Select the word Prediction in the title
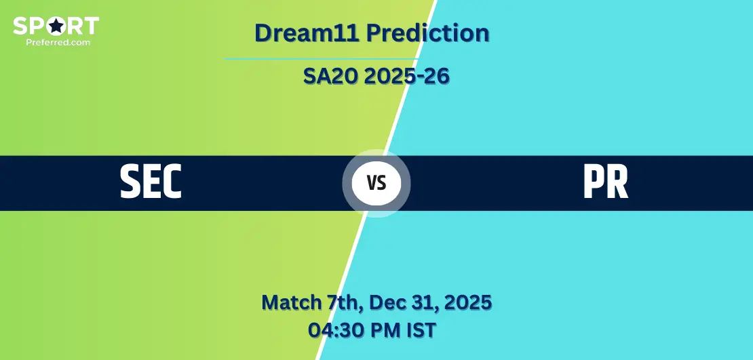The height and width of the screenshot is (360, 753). tap(427, 33)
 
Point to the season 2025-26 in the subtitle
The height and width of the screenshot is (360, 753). tap(406, 77)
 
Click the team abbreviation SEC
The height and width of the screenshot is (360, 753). tap(151, 182)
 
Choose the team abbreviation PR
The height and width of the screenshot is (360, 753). tap(605, 182)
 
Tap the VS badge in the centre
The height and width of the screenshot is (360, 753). tap(376, 183)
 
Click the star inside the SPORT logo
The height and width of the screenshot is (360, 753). tap(56, 26)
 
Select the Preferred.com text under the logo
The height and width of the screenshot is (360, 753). tap(58, 42)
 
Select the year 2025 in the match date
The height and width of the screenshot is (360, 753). tap(468, 303)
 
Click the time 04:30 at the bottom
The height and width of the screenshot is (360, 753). tap(334, 330)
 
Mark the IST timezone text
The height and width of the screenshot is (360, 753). tap(419, 330)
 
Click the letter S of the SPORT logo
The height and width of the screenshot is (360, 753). tap(20, 26)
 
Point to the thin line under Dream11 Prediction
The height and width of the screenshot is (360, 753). tap(321, 59)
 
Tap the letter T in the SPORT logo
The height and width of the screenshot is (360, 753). tap(92, 26)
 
